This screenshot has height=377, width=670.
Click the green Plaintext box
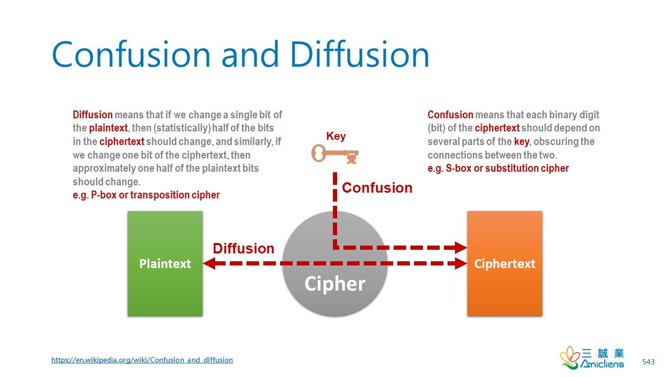click(165, 263)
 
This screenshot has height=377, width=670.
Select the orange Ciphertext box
click(504, 263)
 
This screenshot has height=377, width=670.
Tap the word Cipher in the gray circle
click(334, 284)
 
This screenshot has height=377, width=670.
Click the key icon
click(335, 154)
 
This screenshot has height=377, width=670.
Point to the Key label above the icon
click(336, 137)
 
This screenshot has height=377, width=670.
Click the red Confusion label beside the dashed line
click(377, 188)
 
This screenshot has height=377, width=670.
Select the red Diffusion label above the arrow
click(243, 248)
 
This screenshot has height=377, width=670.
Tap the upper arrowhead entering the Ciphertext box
click(461, 247)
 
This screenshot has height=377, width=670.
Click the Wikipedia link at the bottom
click(142, 360)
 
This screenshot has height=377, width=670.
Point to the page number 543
click(648, 362)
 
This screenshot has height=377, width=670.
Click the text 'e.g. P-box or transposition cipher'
click(146, 195)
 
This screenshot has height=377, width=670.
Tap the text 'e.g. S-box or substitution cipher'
click(498, 168)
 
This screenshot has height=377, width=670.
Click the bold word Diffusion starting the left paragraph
click(93, 115)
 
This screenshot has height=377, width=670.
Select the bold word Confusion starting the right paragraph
click(450, 115)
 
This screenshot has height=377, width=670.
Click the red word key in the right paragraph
click(521, 141)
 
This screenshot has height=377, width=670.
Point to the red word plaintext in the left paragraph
click(108, 128)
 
